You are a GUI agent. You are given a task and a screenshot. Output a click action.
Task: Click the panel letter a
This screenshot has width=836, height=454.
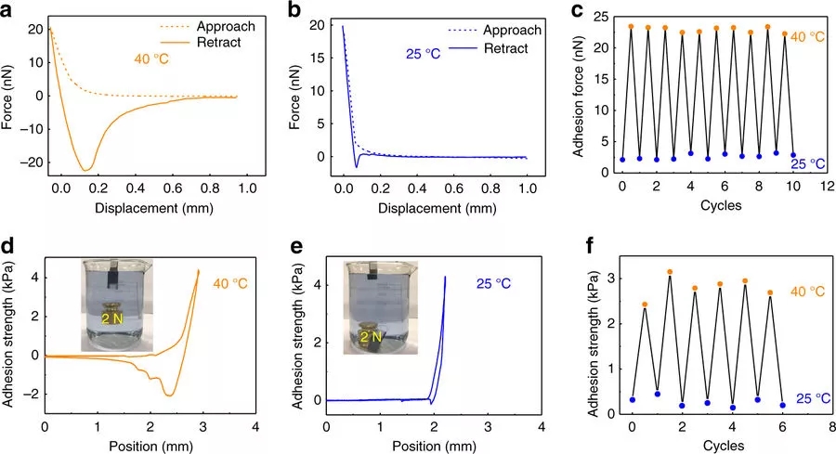[x=8, y=12]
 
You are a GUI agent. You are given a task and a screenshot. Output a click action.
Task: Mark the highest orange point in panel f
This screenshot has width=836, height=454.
[x=670, y=272]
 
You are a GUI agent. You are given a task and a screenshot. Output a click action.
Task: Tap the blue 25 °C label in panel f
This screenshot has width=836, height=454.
[x=808, y=397]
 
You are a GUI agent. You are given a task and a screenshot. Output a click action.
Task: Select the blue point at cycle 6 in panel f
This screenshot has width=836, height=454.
[x=782, y=405]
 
